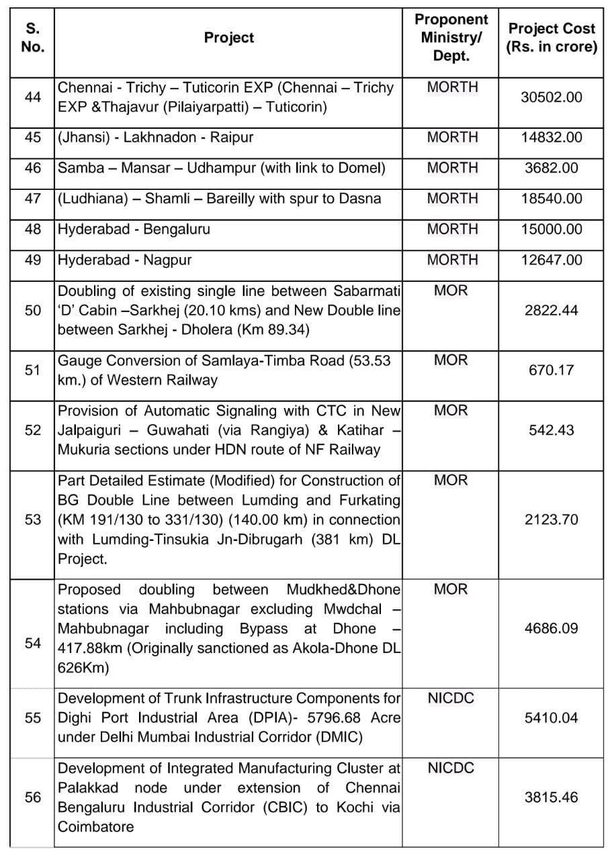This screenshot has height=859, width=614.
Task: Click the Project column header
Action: click(x=229, y=38)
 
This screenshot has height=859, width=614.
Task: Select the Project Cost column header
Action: click(x=552, y=38)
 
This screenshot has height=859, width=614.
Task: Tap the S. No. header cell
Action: click(x=32, y=38)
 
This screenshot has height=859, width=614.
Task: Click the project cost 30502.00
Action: click(x=552, y=97)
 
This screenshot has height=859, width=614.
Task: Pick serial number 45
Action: click(x=32, y=138)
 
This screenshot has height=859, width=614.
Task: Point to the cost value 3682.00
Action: click(x=552, y=168)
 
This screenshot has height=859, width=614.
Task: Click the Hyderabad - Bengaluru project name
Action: click(x=134, y=229)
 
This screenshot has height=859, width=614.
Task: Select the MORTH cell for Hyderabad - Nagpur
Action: click(x=452, y=260)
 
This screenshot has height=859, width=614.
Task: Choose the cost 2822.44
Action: click(x=552, y=310)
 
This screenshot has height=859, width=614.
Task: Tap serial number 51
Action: click(x=32, y=370)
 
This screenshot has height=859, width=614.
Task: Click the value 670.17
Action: click(x=552, y=370)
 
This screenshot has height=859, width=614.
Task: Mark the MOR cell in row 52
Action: click(x=451, y=410)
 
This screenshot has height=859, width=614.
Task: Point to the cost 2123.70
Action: click(x=552, y=519)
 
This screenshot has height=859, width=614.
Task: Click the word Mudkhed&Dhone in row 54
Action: click(x=343, y=589)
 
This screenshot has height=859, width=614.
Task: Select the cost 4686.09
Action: click(x=552, y=629)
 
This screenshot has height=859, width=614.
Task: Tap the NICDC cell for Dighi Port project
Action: click(x=451, y=698)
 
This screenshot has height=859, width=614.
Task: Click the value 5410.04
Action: click(x=552, y=717)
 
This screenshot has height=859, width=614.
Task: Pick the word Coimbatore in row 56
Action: click(x=92, y=827)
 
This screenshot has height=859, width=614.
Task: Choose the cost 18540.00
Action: click(x=552, y=199)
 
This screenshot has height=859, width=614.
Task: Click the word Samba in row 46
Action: click(x=76, y=168)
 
